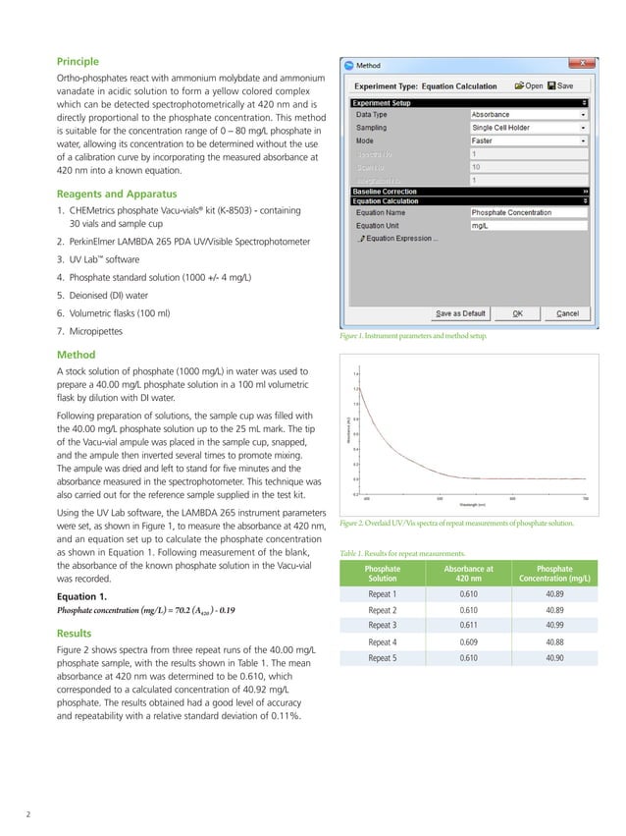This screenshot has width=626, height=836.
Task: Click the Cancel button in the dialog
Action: [x=567, y=313]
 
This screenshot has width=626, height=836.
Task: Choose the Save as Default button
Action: [x=460, y=313]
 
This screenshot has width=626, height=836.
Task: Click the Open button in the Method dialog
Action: [x=529, y=85]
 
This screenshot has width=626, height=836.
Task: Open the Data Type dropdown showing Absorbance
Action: [x=529, y=114]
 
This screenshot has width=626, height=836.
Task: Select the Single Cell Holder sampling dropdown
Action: [x=529, y=127]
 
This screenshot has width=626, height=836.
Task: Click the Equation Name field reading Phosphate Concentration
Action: [x=529, y=212]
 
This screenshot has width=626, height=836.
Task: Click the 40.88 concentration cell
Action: [x=555, y=641]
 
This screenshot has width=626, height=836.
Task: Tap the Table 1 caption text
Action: [x=409, y=553]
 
